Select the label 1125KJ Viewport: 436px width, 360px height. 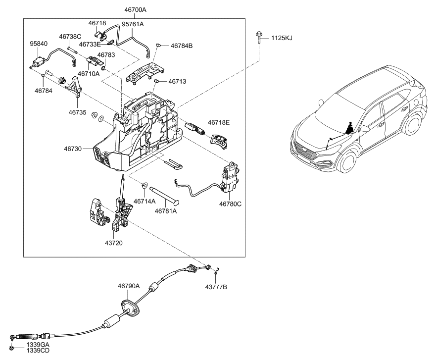pos(281,38)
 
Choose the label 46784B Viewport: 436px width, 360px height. pos(182,46)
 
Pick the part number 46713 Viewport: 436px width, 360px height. pos(178,81)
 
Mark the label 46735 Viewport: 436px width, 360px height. pos(77,112)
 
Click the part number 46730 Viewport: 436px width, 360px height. pos(73,148)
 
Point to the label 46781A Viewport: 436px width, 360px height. pos(166,211)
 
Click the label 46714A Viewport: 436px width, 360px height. pos(146,202)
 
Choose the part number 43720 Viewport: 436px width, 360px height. pos(113,243)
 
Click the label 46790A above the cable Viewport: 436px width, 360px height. pos(129,286)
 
